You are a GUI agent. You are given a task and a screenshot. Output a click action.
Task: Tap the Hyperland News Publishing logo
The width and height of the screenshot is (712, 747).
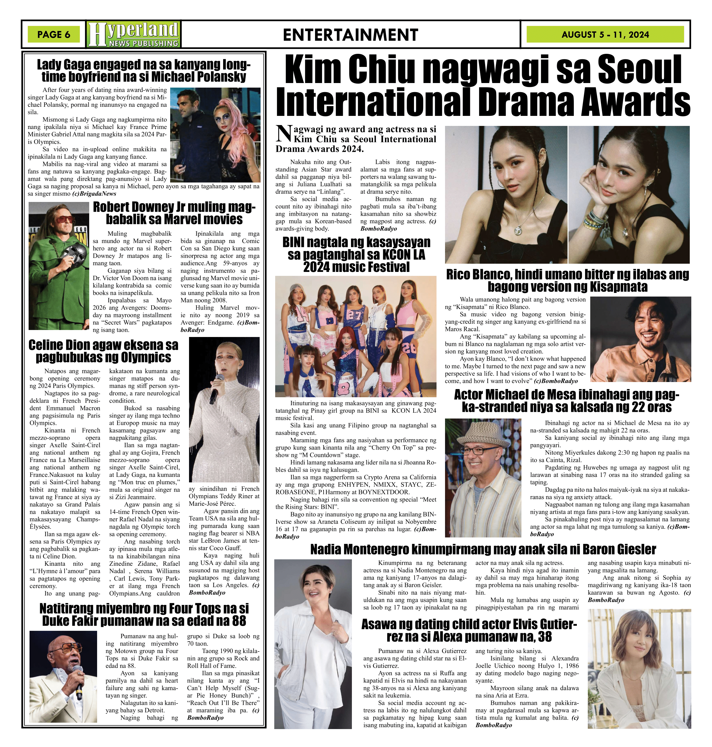click(133, 34)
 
